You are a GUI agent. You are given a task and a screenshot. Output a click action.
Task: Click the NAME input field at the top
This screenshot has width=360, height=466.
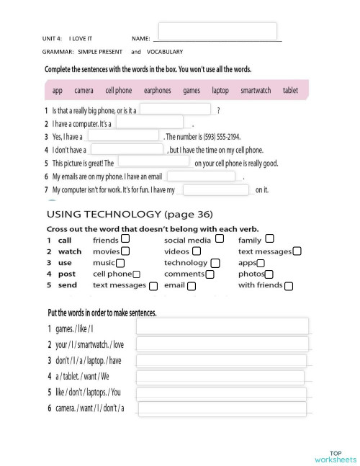217,31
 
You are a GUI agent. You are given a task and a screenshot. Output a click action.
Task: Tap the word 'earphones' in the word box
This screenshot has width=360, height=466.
158,91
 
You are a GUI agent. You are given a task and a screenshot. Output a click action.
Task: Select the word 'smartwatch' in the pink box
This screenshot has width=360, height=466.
256,91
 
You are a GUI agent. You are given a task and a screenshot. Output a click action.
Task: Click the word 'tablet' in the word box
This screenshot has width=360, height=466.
290,91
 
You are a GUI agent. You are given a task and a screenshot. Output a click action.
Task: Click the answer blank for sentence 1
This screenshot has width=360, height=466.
176,110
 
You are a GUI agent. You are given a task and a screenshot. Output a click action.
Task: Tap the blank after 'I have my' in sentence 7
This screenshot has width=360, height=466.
215,190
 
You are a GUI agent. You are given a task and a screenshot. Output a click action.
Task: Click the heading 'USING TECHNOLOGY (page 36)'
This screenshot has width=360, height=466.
130,214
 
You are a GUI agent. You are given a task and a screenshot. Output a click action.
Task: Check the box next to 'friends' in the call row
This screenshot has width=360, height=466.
126,238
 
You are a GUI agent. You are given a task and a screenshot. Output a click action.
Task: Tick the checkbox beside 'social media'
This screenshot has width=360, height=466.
220,238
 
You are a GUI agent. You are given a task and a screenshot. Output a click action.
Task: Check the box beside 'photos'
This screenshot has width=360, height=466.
269,274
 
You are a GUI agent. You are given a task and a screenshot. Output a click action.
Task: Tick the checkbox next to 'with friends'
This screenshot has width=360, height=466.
289,286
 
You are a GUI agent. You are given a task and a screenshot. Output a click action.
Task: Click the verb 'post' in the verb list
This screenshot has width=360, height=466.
66,274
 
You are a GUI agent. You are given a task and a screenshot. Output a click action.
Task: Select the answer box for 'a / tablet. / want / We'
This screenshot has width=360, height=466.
222,377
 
